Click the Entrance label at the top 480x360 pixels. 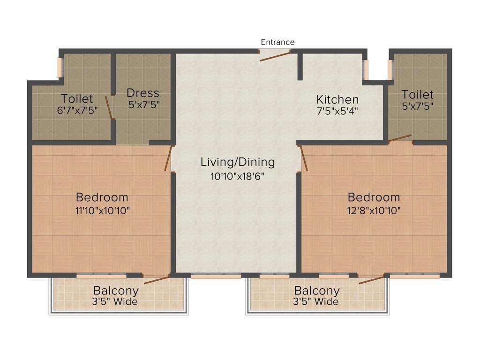[x=277, y=42]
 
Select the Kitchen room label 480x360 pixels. [x=337, y=99]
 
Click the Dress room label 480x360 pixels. [x=143, y=93]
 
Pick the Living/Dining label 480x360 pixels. [x=238, y=162]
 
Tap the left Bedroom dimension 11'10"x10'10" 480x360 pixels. [x=102, y=210]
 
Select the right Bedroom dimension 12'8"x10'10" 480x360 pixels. [x=374, y=210]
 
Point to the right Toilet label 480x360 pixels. [x=417, y=95]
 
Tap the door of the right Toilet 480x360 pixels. [x=400, y=138]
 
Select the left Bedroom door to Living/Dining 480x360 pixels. [x=168, y=158]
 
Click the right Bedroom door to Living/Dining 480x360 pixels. [x=304, y=158]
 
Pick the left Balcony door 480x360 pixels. [x=157, y=280]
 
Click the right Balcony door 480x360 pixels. [x=371, y=280]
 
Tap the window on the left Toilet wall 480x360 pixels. [x=60, y=67]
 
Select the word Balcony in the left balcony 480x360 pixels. [x=116, y=290]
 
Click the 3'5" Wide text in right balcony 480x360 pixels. [x=315, y=301]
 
